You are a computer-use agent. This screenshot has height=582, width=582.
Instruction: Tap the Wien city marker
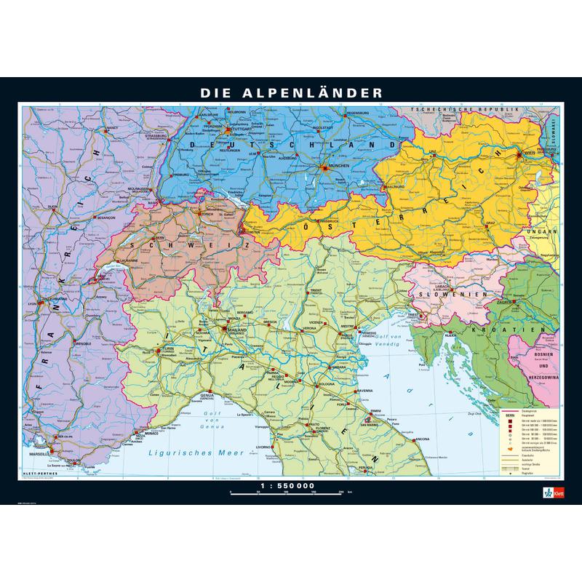pyautogui.click(x=519, y=154)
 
